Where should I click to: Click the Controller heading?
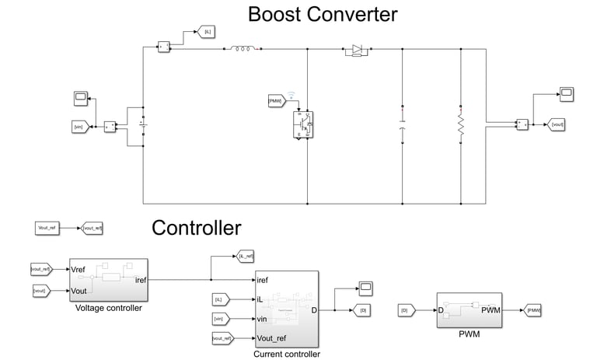(x=196, y=228)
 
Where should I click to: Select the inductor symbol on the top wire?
(x=242, y=49)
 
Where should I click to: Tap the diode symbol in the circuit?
(x=356, y=49)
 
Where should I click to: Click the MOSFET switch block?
(x=303, y=124)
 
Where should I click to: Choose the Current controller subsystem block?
(x=286, y=309)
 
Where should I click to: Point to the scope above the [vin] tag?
(x=80, y=98)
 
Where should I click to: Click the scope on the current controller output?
(x=366, y=288)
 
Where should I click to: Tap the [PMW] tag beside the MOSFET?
(x=274, y=101)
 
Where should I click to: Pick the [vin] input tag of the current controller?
(x=222, y=317)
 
